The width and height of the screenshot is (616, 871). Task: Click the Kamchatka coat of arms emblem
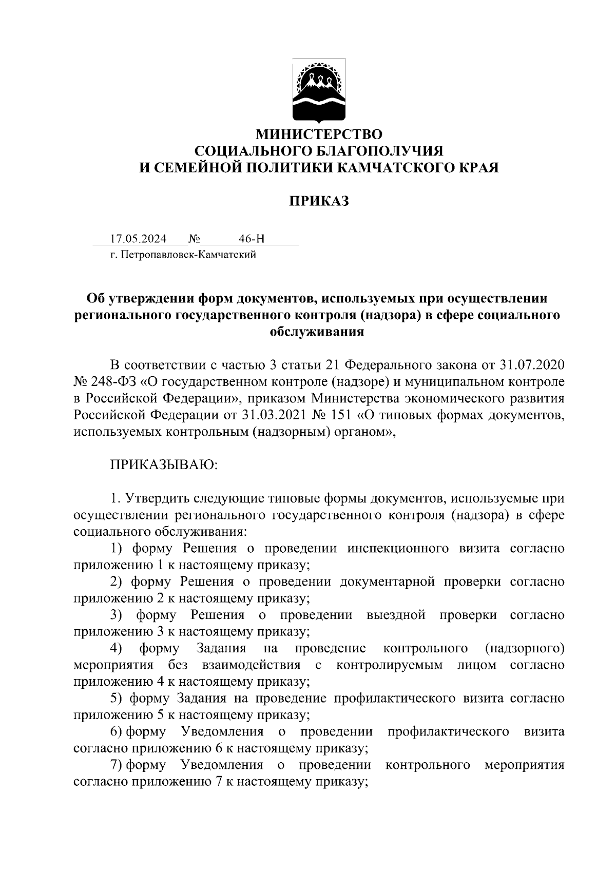[319, 92]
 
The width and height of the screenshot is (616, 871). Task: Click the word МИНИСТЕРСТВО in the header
[319, 135]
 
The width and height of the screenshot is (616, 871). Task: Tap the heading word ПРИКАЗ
[318, 201]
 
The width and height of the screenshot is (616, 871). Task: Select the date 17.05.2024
[138, 239]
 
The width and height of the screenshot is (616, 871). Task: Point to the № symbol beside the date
[194, 239]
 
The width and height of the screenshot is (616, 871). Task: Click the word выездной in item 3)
[396, 615]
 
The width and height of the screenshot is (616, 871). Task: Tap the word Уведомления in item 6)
[222, 732]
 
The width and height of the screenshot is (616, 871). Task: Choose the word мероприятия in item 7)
[524, 765]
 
